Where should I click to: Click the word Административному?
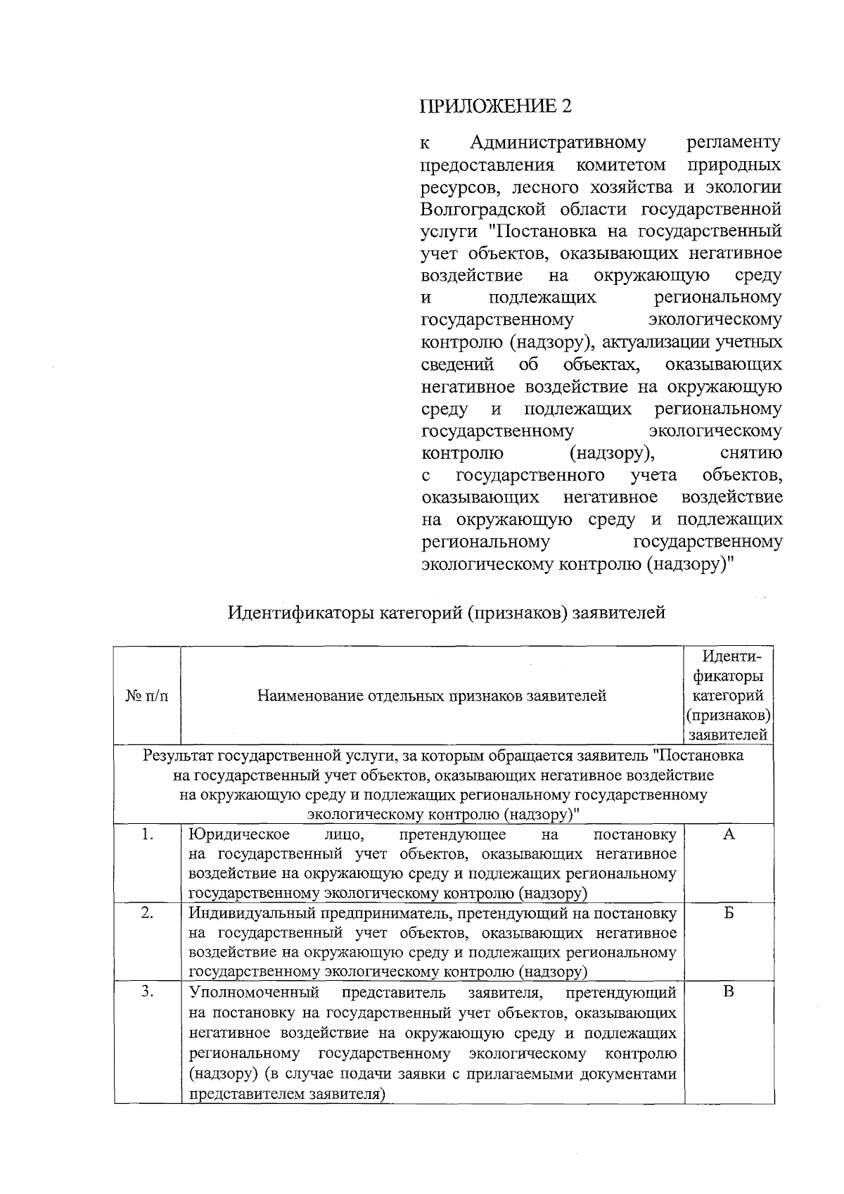(557, 143)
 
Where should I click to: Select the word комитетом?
(620, 165)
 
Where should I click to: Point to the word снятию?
(751, 453)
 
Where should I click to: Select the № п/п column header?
(147, 696)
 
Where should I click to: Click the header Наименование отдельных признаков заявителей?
(432, 696)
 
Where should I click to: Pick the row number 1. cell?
(147, 834)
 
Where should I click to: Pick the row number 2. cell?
(147, 913)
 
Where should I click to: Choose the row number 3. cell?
(147, 992)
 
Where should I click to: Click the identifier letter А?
(729, 834)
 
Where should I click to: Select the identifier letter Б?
(729, 913)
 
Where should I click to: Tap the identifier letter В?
(729, 992)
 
